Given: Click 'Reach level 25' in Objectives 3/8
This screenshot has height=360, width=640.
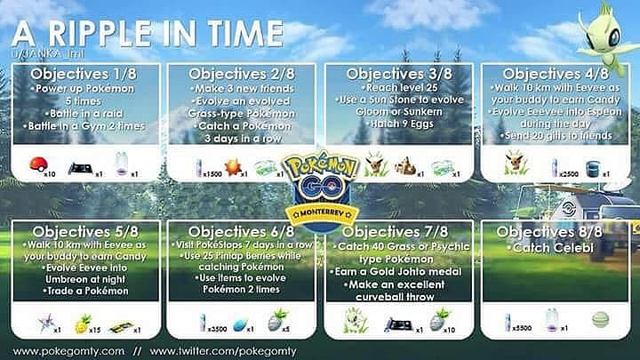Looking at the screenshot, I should (x=398, y=87).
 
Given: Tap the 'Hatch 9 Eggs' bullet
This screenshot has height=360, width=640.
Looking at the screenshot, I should (x=398, y=116).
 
